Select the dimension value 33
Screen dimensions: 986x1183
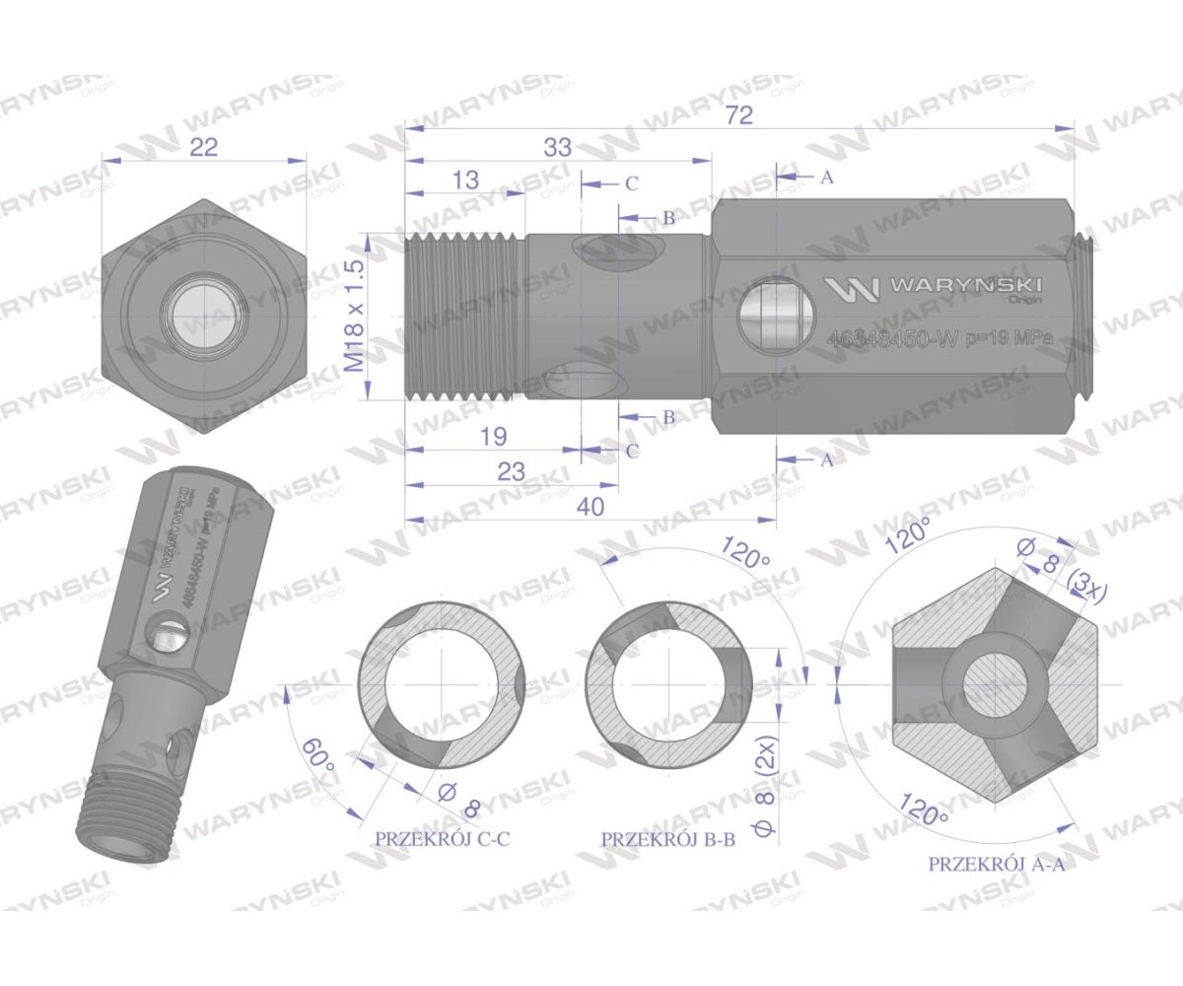pyautogui.click(x=557, y=147)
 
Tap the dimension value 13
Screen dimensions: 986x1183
pyautogui.click(x=466, y=179)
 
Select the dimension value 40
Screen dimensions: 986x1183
pyautogui.click(x=591, y=506)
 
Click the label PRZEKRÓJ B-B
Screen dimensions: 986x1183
pyautogui.click(x=668, y=839)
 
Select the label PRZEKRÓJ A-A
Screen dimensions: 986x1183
pyautogui.click(x=997, y=864)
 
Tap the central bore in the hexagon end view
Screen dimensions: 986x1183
pyautogui.click(x=203, y=317)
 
